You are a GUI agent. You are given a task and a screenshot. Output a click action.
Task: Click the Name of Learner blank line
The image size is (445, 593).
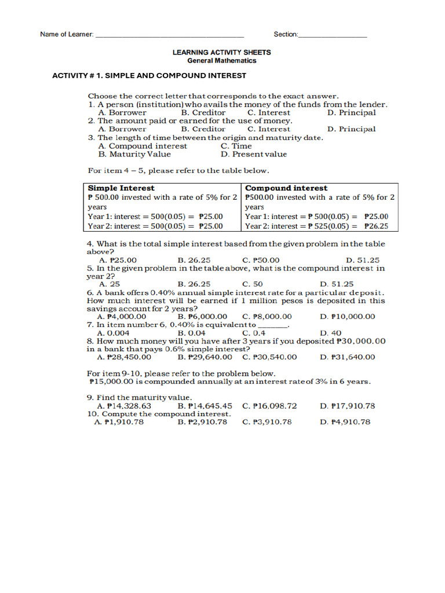pyautogui.click(x=169, y=35)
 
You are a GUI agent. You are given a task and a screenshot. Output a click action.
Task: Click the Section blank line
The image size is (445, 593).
pyautogui.click(x=333, y=35)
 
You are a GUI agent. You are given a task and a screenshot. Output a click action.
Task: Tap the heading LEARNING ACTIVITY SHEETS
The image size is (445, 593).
pyautogui.click(x=221, y=52)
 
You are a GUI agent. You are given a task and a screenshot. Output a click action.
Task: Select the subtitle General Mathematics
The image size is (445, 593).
pyautogui.click(x=221, y=60)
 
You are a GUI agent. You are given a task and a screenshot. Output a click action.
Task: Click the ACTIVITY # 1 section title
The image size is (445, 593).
pyautogui.click(x=149, y=76)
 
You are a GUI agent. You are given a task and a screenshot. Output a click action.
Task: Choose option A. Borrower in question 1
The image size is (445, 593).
pyautogui.click(x=122, y=113)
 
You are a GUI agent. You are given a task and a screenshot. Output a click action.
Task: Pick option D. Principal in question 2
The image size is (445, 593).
pyautogui.click(x=351, y=129)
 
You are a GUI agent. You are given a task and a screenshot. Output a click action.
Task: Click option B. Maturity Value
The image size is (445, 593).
pyautogui.click(x=134, y=154)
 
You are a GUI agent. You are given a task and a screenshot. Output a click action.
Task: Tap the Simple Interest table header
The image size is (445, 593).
pyautogui.click(x=121, y=188)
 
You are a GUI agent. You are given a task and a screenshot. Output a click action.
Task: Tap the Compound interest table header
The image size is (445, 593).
pyautogui.click(x=286, y=188)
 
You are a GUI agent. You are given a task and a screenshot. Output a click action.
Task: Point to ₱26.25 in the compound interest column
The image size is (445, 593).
pyautogui.click(x=376, y=226)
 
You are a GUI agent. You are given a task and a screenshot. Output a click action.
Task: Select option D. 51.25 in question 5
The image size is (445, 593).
pyautogui.click(x=337, y=284)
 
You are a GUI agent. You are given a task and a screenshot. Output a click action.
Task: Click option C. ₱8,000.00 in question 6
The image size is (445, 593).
pyautogui.click(x=267, y=317)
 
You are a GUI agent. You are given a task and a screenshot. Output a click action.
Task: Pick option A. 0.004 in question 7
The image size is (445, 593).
pyautogui.click(x=114, y=333)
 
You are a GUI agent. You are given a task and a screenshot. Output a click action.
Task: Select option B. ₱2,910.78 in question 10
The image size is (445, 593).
pyautogui.click(x=202, y=422)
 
